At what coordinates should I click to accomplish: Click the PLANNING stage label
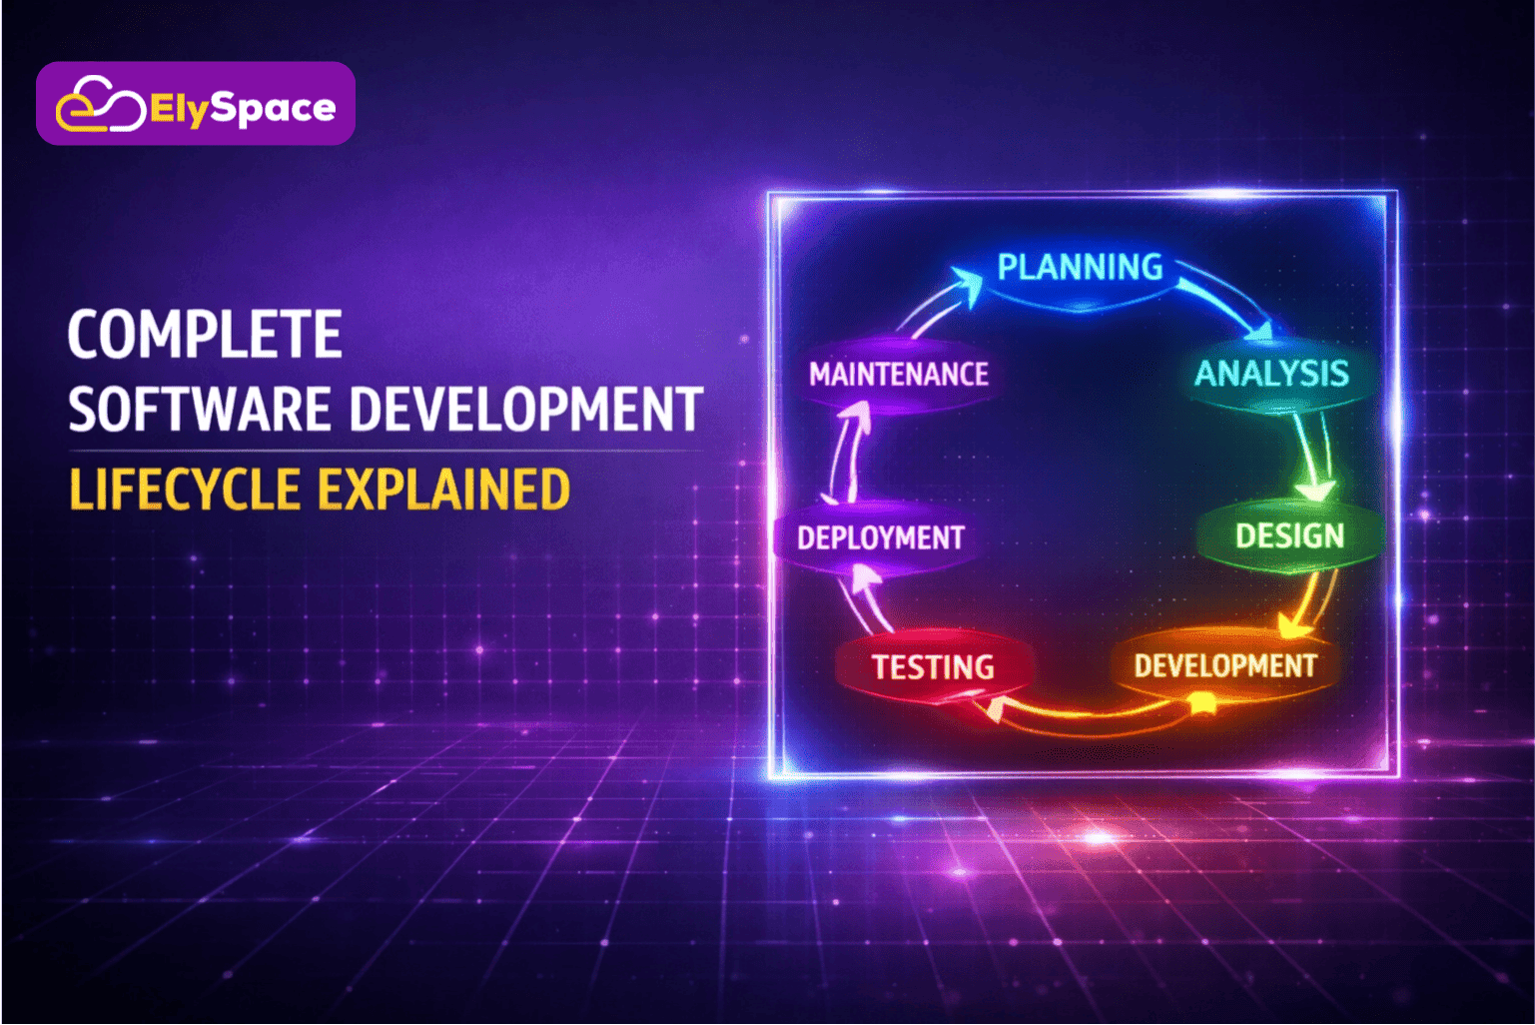click(1080, 268)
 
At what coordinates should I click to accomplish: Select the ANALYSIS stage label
click(1272, 374)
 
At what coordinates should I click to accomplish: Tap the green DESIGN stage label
click(1289, 536)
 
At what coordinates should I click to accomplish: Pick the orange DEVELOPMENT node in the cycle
click(1225, 665)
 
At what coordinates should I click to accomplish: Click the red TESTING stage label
click(933, 667)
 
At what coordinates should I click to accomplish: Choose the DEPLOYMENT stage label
click(881, 538)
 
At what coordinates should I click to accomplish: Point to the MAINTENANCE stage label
click(899, 375)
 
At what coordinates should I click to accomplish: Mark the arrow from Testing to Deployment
click(866, 597)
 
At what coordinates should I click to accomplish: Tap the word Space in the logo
click(274, 108)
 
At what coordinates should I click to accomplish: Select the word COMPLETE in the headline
click(205, 334)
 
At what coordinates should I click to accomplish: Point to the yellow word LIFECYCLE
click(185, 490)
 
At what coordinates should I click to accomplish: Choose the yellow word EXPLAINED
click(444, 490)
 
